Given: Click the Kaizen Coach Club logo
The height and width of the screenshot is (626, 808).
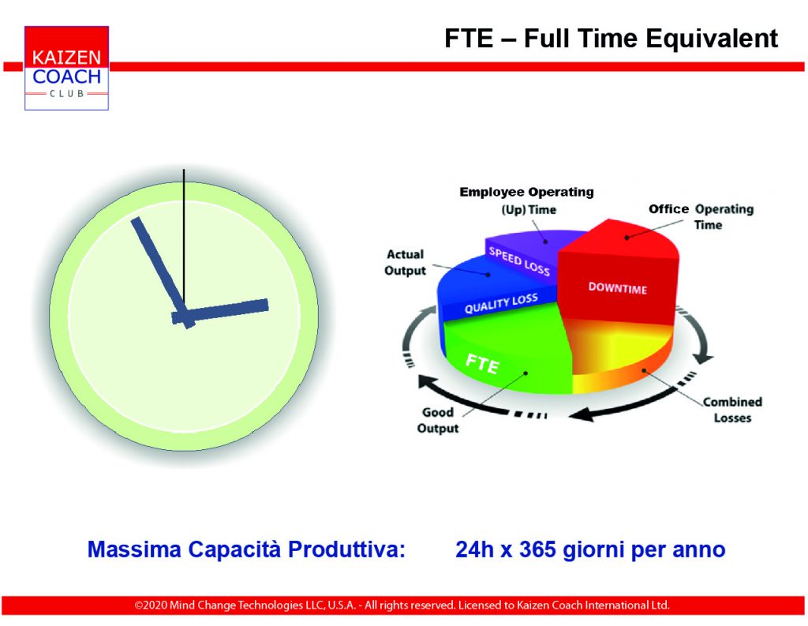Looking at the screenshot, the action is pyautogui.click(x=66, y=68).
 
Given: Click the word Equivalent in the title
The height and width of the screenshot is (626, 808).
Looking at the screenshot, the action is pyautogui.click(x=712, y=39).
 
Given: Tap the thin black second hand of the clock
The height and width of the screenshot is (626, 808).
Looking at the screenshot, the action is pyautogui.click(x=184, y=240).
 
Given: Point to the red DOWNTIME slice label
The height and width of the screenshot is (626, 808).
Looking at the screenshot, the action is pyautogui.click(x=617, y=288).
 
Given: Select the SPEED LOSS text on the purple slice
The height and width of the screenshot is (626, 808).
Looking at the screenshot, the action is pyautogui.click(x=519, y=261).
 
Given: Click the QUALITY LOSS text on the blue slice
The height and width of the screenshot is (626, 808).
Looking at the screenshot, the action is pyautogui.click(x=501, y=304).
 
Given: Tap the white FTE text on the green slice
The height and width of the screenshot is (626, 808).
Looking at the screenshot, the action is pyautogui.click(x=482, y=363).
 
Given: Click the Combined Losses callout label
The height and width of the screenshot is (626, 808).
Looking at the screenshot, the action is pyautogui.click(x=732, y=410).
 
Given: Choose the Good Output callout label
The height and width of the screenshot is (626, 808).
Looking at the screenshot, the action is pyautogui.click(x=438, y=420).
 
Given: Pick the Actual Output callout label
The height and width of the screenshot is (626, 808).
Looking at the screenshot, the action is pyautogui.click(x=406, y=262).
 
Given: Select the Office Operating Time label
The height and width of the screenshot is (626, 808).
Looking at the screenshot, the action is pyautogui.click(x=701, y=216).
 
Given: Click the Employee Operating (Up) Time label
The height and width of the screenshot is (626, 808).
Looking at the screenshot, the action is pyautogui.click(x=526, y=201).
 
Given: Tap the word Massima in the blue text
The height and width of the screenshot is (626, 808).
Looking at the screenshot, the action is pyautogui.click(x=134, y=549).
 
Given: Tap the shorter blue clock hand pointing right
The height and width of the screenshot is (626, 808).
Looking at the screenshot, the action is pyautogui.click(x=220, y=312).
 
